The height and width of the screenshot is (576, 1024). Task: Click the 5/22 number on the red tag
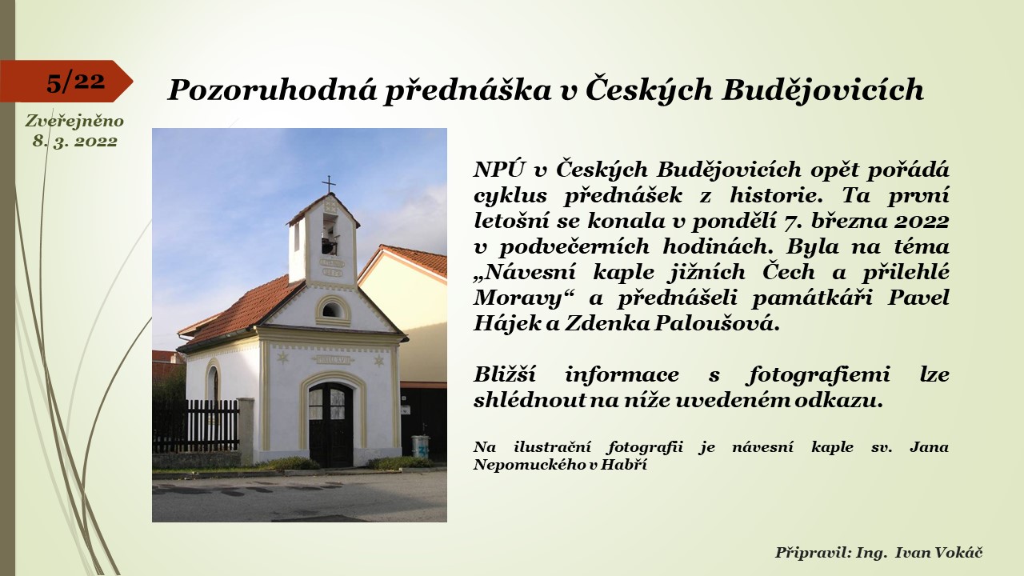point(75,82)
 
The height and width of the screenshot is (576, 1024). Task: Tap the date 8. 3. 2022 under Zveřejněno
point(75,141)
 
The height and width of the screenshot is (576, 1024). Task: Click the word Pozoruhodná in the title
point(273,90)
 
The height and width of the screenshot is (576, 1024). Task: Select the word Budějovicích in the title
point(822,90)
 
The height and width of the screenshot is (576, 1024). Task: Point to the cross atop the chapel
point(328,184)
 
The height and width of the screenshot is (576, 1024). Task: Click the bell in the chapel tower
point(330,245)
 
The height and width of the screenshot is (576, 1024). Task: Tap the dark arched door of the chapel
point(330,425)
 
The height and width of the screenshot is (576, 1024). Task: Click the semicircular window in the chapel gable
point(332,310)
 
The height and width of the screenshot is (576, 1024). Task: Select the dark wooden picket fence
point(196,426)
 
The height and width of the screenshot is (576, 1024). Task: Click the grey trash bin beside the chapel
point(420,446)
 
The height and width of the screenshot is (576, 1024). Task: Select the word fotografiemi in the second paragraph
point(819,375)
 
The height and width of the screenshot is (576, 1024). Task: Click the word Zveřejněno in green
point(74,121)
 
